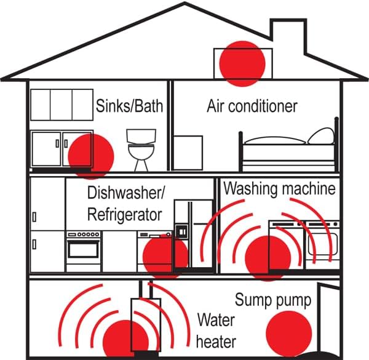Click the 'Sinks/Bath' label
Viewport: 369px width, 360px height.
(x=130, y=106)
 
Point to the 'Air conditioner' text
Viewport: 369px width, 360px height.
(x=252, y=106)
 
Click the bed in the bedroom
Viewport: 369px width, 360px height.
(x=288, y=154)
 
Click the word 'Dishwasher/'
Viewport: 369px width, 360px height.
(x=125, y=193)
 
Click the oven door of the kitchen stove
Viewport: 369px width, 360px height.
(x=83, y=250)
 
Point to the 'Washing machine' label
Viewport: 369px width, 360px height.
(x=279, y=188)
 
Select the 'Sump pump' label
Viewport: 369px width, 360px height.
(x=273, y=300)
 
